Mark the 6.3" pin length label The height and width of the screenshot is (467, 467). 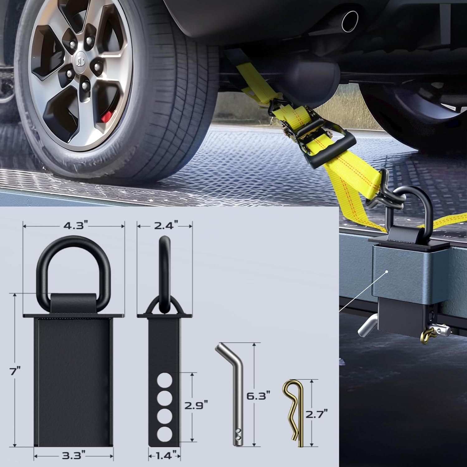click(x=258, y=397)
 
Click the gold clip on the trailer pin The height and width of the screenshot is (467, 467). click(x=426, y=336)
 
